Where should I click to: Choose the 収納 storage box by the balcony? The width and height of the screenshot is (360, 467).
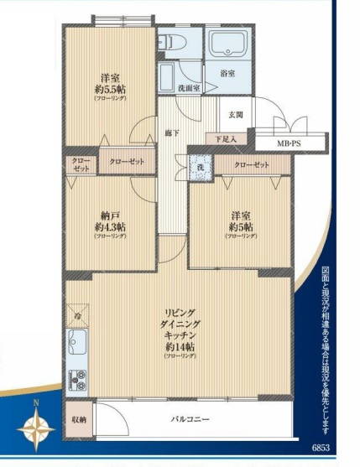point(78,418)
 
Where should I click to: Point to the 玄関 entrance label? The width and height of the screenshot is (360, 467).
point(236,115)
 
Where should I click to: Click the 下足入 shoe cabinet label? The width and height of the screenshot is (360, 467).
point(225,138)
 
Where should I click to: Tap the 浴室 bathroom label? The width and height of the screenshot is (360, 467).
point(227,74)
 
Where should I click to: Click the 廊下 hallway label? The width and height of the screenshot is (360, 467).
point(173,133)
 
